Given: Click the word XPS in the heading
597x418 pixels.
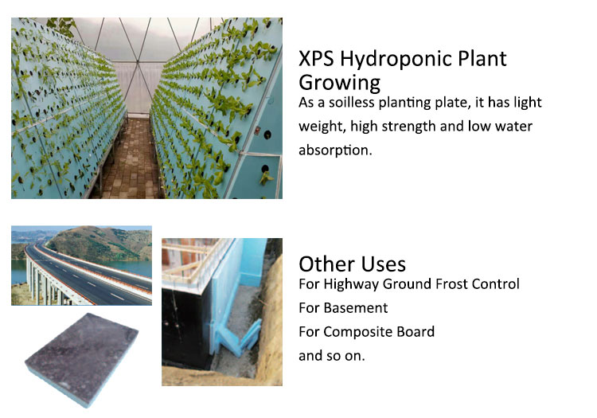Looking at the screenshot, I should [318, 60].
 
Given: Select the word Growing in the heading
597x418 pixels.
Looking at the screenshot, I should [339, 82].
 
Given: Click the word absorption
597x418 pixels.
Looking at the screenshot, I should [335, 150].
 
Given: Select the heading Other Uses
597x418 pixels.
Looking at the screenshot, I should [352, 264].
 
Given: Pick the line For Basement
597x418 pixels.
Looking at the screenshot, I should [343, 307].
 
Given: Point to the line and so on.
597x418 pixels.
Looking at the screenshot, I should [331, 355].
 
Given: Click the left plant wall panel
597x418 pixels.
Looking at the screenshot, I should [56, 111].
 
